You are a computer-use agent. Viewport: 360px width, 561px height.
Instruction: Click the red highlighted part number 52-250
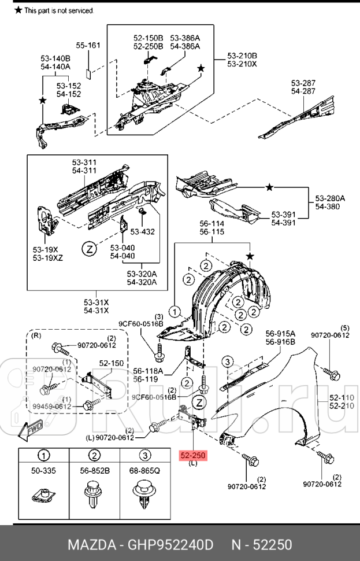tap(191, 456)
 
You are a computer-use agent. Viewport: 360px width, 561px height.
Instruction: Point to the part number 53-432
tap(142, 232)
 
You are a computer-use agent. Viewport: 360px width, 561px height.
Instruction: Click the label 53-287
tap(303, 83)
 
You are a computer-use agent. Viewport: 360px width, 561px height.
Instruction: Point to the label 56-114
tap(211, 223)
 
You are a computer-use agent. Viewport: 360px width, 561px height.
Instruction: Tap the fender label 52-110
tap(342, 397)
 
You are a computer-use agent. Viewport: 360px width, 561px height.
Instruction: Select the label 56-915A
tap(280, 334)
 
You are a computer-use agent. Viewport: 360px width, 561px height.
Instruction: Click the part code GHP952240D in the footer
tap(172, 545)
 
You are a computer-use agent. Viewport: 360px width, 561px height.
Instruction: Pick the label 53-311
tap(84, 163)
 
